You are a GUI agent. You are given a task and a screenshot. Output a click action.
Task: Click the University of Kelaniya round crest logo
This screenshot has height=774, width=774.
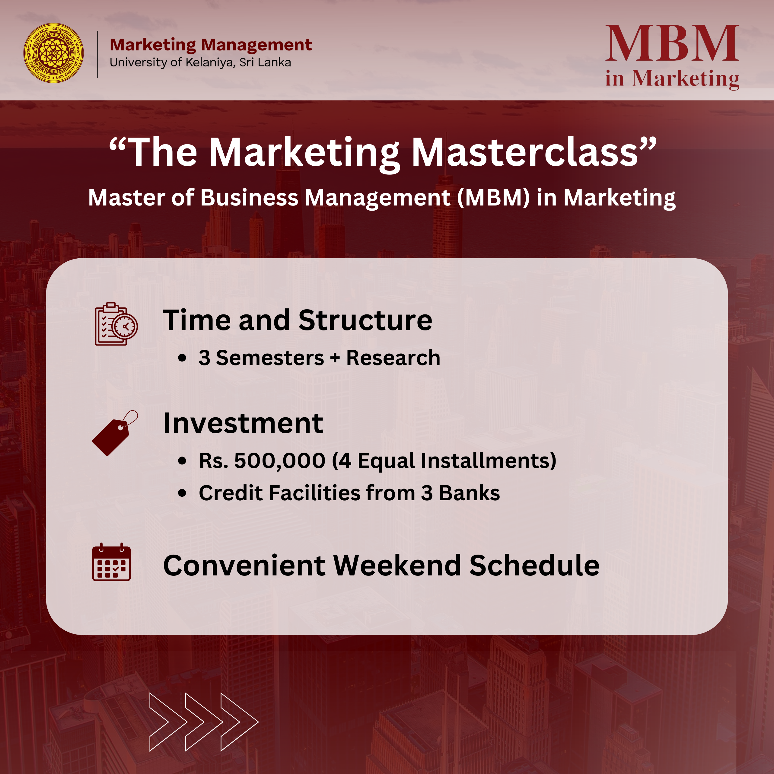pyautogui.click(x=54, y=53)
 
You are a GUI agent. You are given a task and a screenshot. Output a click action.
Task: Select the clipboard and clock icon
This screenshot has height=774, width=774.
pyautogui.click(x=116, y=324)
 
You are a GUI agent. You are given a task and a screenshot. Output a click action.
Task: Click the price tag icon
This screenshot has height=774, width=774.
pyautogui.click(x=115, y=433)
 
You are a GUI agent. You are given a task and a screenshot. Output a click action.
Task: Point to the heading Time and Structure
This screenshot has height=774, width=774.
pyautogui.click(x=297, y=320)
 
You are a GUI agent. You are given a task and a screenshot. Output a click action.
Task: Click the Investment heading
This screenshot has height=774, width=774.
pyautogui.click(x=243, y=423)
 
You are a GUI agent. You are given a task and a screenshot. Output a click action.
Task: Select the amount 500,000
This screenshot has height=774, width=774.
pyautogui.click(x=280, y=461)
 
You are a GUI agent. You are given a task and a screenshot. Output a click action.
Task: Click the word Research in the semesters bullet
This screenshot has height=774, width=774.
pyautogui.click(x=393, y=358)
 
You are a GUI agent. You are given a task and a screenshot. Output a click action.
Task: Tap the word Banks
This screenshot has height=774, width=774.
pyautogui.click(x=470, y=493)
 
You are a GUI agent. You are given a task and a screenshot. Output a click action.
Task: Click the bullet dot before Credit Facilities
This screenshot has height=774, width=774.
pyautogui.click(x=182, y=493)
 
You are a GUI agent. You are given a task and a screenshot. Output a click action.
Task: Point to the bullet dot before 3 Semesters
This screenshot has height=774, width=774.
pyautogui.click(x=182, y=358)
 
